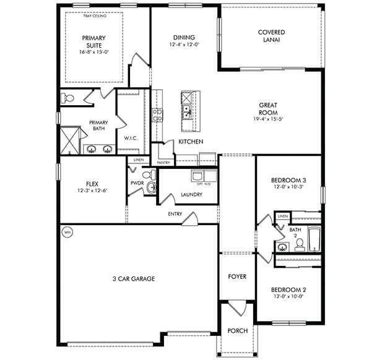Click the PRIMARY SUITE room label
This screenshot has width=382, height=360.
(x=94, y=41)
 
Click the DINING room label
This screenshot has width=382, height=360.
(x=184, y=37)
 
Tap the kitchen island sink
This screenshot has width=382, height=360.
(x=186, y=112)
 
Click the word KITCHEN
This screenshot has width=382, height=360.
(x=191, y=142)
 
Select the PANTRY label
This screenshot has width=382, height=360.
(x=163, y=162)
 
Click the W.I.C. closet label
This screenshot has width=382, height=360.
(x=131, y=138)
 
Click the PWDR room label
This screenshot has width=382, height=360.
(x=137, y=184)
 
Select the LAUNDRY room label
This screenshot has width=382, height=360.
(x=191, y=195)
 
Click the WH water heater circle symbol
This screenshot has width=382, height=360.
(x=66, y=233)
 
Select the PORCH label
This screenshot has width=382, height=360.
(x=237, y=331)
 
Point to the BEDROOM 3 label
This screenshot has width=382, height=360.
(x=289, y=180)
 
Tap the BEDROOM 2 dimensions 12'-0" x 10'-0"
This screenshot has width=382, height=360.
(x=289, y=297)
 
